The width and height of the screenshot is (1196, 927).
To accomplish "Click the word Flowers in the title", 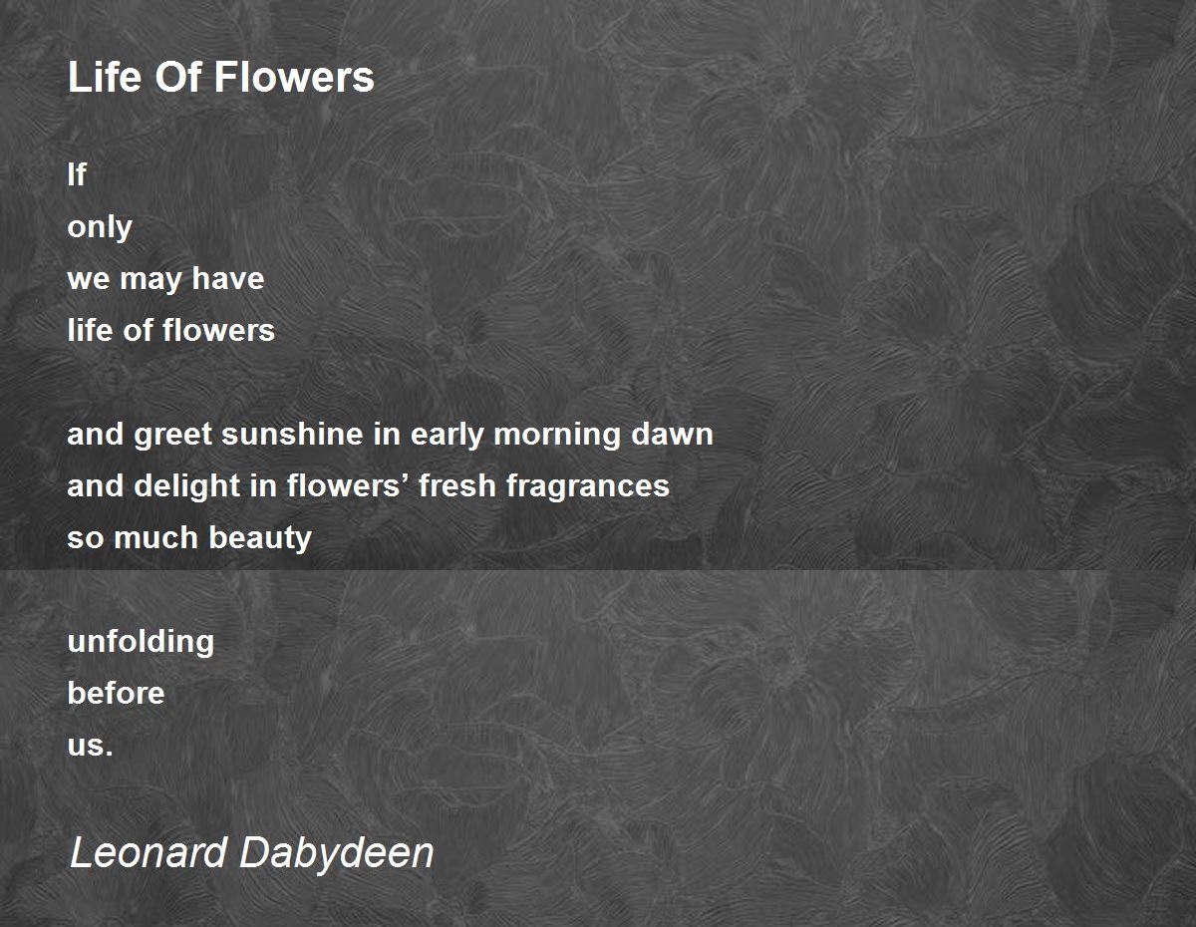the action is click(294, 76).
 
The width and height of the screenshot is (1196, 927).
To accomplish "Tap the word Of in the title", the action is click(177, 76).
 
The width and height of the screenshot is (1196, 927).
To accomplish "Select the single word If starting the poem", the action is click(77, 174).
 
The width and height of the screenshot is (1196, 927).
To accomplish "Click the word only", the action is click(100, 228).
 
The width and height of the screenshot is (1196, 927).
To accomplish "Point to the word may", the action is click(150, 280).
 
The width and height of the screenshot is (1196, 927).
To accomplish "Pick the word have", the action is click(228, 278).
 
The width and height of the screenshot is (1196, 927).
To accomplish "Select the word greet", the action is click(172, 435).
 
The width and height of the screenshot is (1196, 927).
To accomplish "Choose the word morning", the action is click(557, 436).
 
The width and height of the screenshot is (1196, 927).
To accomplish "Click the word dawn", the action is click(672, 434).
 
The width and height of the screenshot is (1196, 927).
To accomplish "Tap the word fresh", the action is click(457, 485).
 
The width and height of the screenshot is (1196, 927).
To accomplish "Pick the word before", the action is click(116, 693).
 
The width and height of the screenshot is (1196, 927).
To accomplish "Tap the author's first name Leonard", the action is click(149, 852).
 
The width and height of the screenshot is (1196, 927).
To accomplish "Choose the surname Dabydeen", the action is click(336, 855).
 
